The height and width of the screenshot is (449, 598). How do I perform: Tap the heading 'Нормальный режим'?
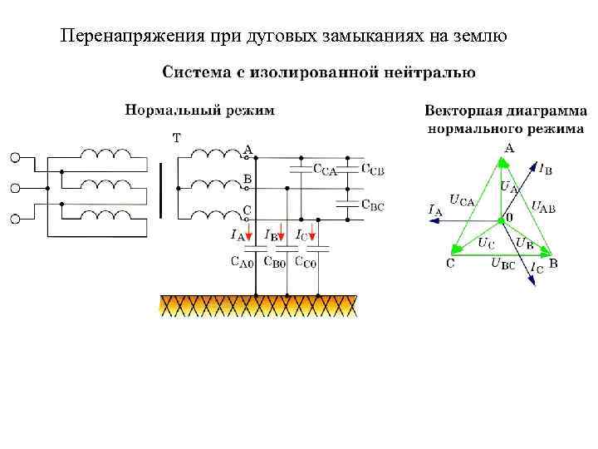(x=199, y=110)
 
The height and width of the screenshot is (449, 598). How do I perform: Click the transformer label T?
(x=176, y=137)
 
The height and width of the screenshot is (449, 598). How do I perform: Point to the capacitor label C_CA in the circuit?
(x=325, y=170)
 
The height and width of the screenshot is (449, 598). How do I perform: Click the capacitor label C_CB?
(x=373, y=170)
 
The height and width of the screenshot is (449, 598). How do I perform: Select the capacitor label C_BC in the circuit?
(x=373, y=205)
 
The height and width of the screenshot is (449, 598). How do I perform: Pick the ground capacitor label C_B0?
(x=274, y=264)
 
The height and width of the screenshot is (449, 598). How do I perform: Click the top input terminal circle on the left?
(x=14, y=157)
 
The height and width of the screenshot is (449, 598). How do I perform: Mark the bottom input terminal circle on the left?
(x=14, y=220)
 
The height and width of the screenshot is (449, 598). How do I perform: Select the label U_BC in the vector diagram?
(x=502, y=264)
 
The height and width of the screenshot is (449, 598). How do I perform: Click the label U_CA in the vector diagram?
(x=461, y=200)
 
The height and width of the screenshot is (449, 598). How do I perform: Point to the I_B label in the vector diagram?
(x=545, y=170)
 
